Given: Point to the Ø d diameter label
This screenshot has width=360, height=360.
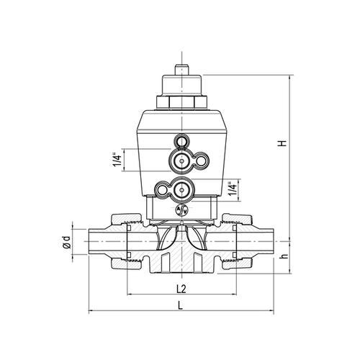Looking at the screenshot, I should (66, 243).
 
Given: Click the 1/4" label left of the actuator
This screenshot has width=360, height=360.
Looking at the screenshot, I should (117, 160).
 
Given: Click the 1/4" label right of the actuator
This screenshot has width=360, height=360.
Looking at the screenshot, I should (232, 190).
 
